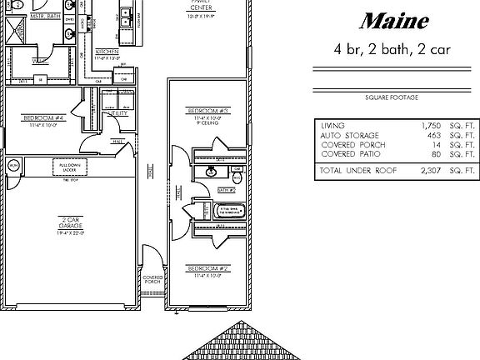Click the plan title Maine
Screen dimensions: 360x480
tap(396, 21)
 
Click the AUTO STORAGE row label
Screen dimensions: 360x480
tap(349, 135)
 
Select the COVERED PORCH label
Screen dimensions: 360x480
tap(152, 280)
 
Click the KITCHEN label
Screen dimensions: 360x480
tap(107, 52)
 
